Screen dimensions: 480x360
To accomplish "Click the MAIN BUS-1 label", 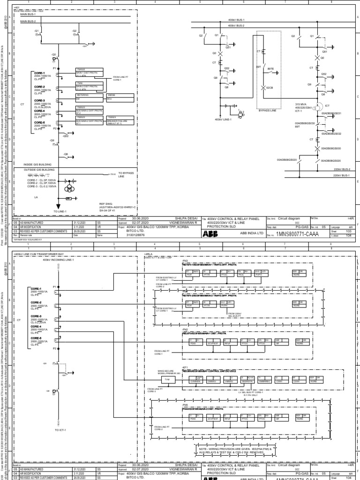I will tap(28, 15).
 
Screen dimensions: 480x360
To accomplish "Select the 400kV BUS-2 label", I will tap(236, 25).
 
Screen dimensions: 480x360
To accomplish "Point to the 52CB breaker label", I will tap(270, 88).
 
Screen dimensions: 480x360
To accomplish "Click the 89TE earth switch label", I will tap(270, 68).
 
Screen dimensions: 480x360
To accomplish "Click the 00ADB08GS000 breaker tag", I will tap(331, 148).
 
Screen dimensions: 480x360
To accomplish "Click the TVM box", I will tap(166, 379).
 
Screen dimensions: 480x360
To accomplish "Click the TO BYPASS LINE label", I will tap(126, 174).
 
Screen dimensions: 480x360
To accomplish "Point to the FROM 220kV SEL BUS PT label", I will tap(235, 315).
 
